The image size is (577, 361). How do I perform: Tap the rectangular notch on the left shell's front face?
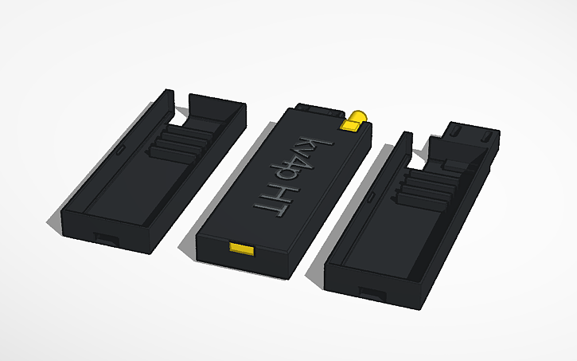105,237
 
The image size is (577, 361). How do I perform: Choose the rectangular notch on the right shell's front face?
372,292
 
